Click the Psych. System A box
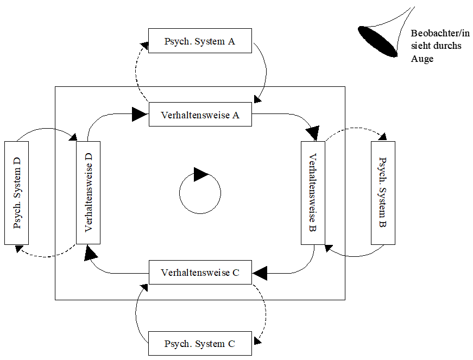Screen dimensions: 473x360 200,41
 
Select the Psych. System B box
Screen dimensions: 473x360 383,193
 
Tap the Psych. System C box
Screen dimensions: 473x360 200,343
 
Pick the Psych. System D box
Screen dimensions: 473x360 17,193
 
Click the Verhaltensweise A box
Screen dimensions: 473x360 200,114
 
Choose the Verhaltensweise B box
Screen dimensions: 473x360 313,193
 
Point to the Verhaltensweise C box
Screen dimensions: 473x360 200,272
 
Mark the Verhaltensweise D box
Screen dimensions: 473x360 88,193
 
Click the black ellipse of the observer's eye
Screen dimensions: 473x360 377,42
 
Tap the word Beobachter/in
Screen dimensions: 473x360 440,33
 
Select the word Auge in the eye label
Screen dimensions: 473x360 422,59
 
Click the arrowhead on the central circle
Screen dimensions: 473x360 201,174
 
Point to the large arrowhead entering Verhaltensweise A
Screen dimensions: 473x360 140,114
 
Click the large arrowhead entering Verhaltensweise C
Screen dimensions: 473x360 260,273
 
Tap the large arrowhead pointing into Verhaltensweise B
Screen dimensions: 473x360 313,133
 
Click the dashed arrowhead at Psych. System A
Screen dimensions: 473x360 145,46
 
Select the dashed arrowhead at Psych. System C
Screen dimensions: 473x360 257,340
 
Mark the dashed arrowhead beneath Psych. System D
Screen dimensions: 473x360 19,249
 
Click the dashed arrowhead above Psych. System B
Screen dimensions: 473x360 382,137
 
